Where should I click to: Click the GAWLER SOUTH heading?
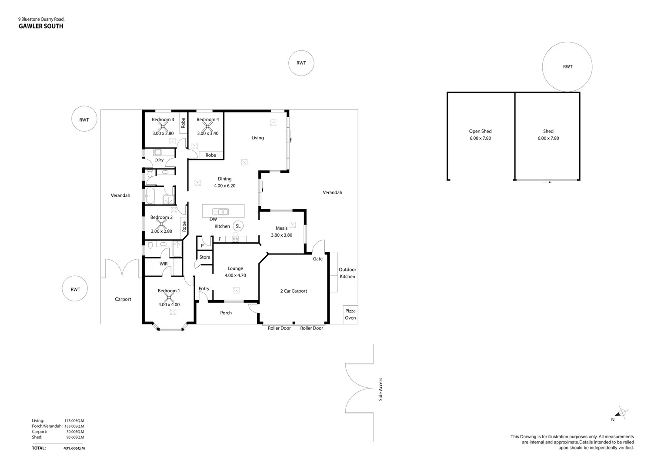41,26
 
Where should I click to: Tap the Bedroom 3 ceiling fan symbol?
163,126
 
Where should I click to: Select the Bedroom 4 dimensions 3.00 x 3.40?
207,134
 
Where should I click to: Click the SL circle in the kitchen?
238,226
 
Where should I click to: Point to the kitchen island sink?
221,212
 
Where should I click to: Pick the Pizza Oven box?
350,314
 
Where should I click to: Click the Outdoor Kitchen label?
347,273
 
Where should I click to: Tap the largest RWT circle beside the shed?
567,67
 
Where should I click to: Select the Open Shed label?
480,131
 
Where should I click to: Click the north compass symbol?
622,413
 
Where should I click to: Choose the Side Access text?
381,389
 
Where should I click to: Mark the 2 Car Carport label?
293,291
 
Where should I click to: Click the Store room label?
205,257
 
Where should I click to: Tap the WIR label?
164,264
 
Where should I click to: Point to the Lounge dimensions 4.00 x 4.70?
235,275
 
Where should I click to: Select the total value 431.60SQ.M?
74,448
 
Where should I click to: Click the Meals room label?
281,228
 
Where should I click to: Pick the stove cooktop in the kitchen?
235,238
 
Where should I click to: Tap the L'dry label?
159,160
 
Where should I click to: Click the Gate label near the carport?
318,259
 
